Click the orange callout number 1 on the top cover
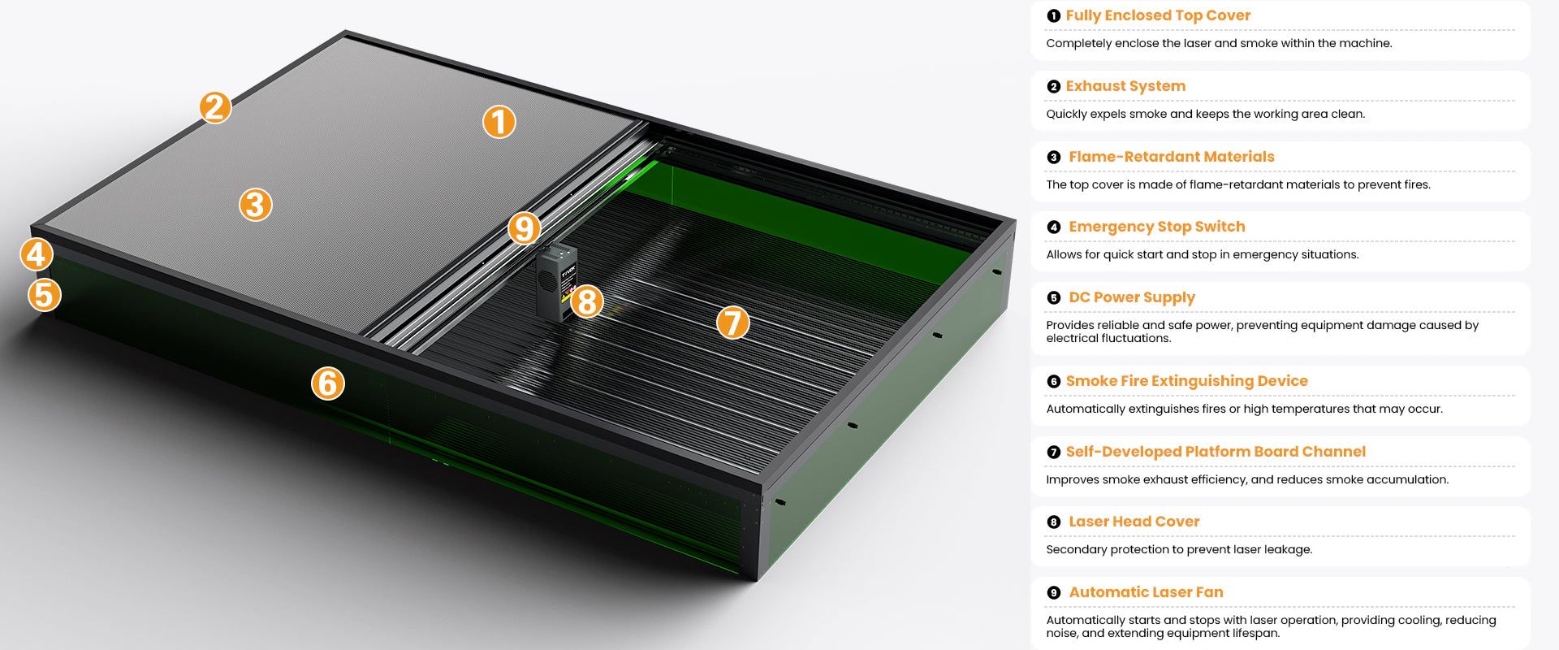(x=499, y=122)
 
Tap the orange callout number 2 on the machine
(x=215, y=107)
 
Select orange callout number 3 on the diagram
(x=255, y=205)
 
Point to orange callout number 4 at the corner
(x=37, y=254)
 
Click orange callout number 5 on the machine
(x=45, y=295)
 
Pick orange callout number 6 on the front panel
(x=328, y=383)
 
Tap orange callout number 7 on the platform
(x=732, y=323)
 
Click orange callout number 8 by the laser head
(x=587, y=301)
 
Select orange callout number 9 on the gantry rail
(x=525, y=228)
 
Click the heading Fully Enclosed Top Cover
(x=1158, y=15)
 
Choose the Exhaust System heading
(x=1125, y=86)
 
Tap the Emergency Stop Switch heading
(x=1157, y=227)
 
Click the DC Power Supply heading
(x=1132, y=297)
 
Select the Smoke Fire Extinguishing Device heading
(x=1187, y=381)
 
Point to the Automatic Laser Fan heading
(x=1146, y=592)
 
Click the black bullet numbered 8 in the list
(x=1054, y=522)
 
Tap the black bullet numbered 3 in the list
(x=1054, y=158)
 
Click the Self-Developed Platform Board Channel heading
(x=1216, y=452)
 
